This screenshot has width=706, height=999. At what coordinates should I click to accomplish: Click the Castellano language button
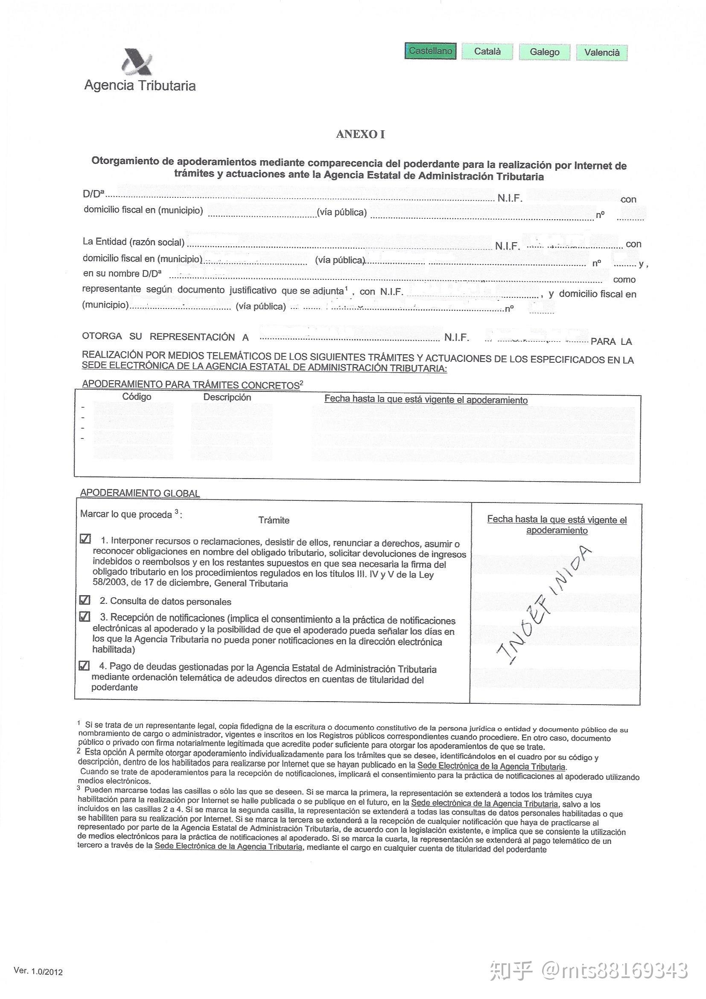(430, 51)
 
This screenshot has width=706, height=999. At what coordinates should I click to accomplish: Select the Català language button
(487, 51)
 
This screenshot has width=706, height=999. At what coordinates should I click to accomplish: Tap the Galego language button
(544, 52)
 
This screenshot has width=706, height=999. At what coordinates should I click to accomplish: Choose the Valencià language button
(602, 53)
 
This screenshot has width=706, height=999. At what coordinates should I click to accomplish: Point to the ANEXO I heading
(360, 135)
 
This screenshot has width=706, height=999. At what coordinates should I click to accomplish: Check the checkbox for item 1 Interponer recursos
(85, 539)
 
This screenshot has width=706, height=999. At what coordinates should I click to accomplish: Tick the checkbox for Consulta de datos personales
(85, 599)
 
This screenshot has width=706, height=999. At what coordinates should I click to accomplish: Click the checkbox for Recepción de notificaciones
(85, 617)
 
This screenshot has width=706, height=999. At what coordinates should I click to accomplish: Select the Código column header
(137, 397)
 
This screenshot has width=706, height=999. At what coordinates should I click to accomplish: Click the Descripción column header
(227, 397)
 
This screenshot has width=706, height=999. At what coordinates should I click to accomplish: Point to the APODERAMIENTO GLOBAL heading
(140, 493)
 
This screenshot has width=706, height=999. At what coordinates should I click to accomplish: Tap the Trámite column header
(274, 520)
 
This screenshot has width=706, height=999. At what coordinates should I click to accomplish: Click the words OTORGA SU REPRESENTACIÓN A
(165, 336)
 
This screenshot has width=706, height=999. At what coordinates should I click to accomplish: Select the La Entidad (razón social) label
(134, 241)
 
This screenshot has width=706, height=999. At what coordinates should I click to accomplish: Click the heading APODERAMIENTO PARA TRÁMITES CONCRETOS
(191, 385)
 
